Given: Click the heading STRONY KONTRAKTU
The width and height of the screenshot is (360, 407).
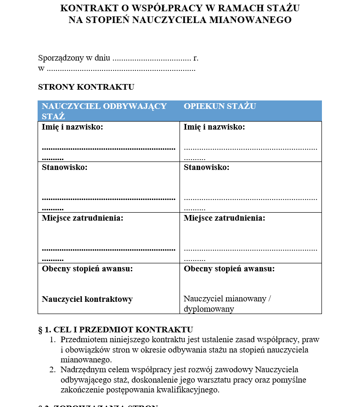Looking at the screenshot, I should coord(86,87).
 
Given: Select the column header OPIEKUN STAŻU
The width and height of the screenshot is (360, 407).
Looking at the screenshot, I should coord(220,106).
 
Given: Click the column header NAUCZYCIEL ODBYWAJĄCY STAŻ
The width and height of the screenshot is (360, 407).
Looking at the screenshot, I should coord(104,111).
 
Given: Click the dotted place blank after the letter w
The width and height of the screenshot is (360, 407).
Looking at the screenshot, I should coord(121,69).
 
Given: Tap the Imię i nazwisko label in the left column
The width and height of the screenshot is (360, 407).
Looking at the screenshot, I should coord(72,127).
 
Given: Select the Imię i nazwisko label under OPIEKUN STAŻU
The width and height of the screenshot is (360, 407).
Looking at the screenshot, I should coord(214,127).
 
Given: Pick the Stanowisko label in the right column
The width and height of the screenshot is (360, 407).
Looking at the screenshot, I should coord(207,168).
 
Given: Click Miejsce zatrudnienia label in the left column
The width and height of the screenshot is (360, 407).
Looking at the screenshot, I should coord(83,218).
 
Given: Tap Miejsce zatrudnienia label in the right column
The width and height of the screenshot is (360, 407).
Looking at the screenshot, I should coord(225,218).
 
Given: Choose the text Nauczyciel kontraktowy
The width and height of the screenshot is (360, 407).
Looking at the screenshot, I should coord(87,299).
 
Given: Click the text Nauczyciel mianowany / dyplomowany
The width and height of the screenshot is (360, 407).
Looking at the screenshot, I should coord(227,304).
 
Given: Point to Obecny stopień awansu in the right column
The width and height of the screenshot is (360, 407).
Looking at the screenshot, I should coord(229,269).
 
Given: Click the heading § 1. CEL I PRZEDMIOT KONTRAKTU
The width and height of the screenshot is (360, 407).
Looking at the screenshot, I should coord(116,330).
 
